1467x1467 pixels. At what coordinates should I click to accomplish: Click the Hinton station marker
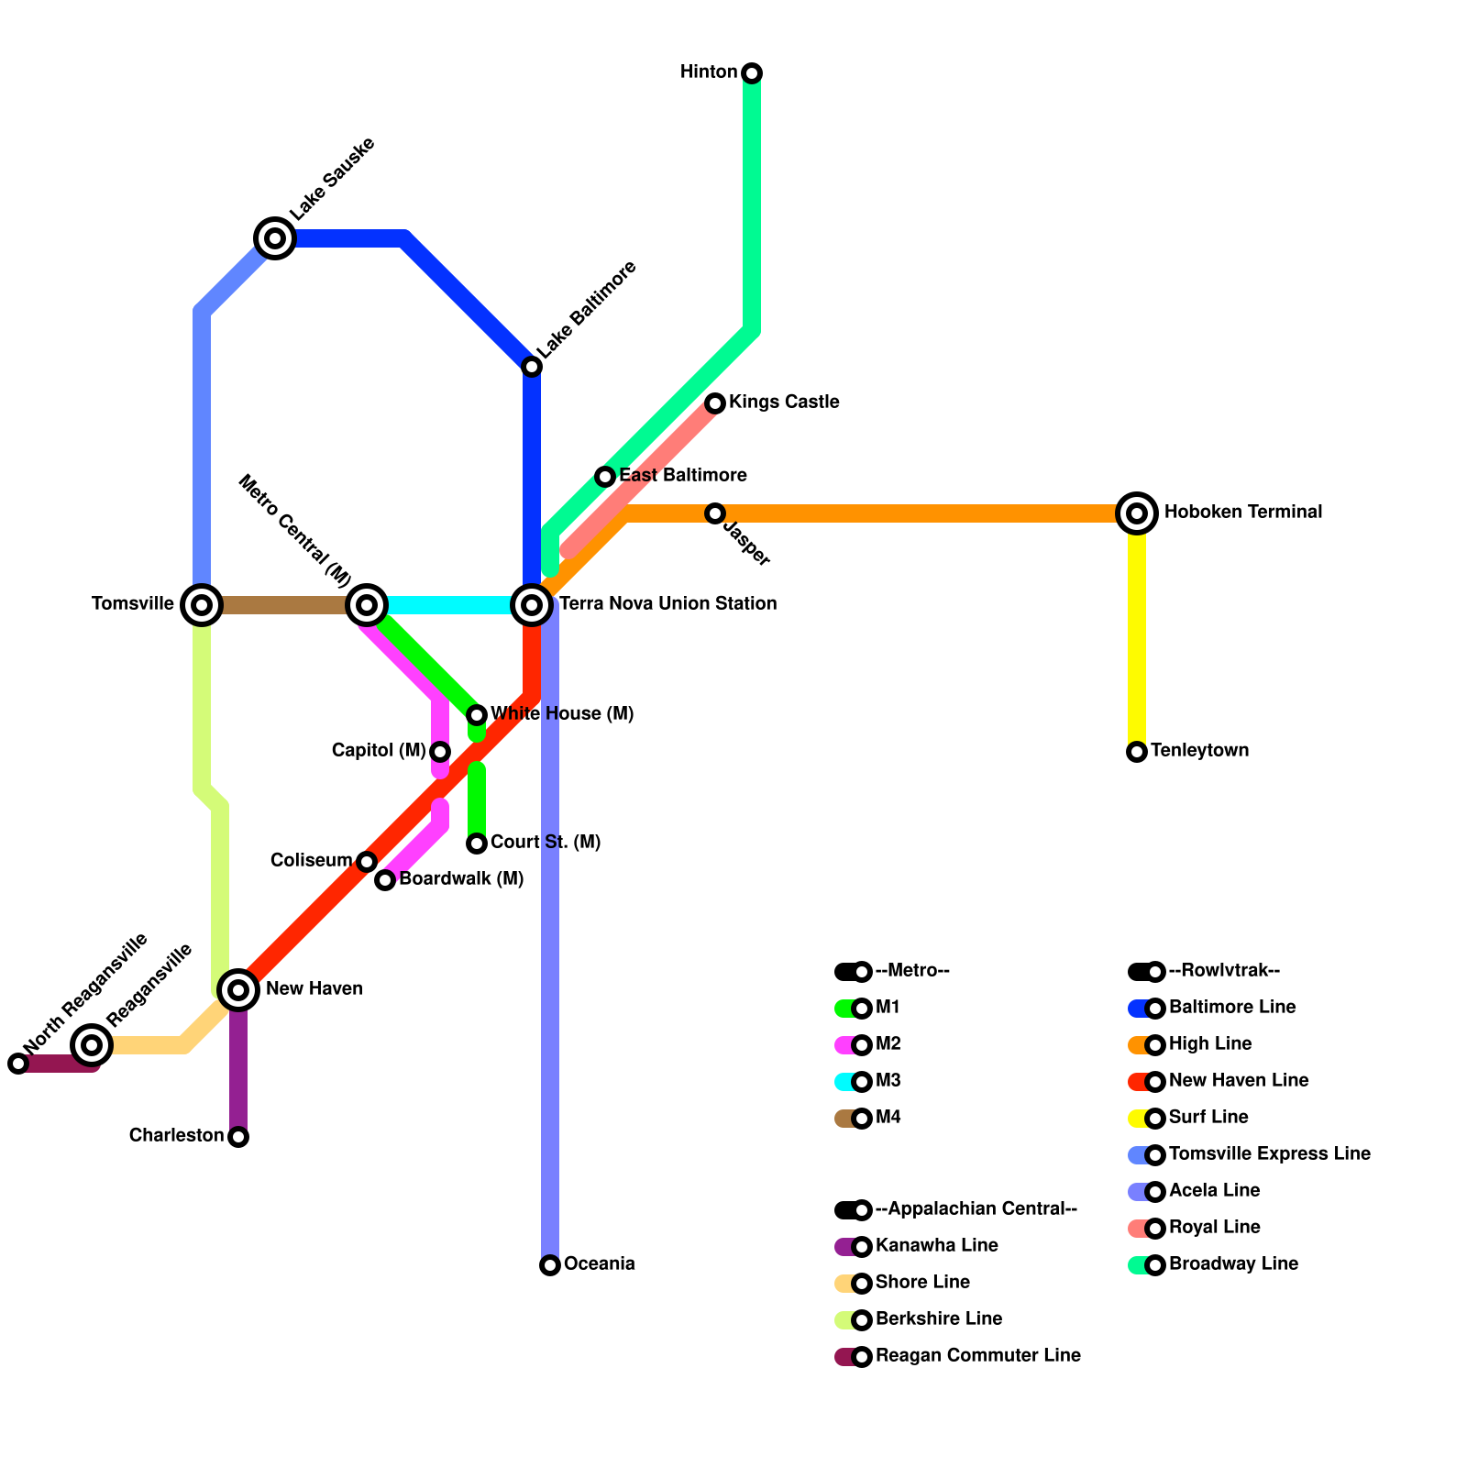coord(752,73)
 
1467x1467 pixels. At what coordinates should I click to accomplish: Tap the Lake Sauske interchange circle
coord(274,238)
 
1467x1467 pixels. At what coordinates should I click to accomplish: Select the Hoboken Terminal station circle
coord(1137,513)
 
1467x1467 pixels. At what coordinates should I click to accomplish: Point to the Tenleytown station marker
coord(1137,752)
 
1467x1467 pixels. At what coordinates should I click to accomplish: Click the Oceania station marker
coord(550,1265)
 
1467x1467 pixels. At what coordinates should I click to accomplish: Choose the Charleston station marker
coord(238,1137)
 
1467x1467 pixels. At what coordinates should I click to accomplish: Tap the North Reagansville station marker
coord(18,1064)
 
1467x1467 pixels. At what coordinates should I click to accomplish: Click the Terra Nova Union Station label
coord(667,604)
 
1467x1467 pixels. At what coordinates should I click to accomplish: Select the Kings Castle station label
coord(784,403)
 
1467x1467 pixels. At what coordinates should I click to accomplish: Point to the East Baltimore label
coord(682,476)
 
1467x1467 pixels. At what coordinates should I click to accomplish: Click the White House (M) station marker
coord(477,715)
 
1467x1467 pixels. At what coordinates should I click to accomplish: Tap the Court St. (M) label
coord(546,843)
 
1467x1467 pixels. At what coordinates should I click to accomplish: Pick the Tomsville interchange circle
coord(202,605)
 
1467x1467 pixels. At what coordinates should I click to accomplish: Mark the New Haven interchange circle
coord(238,990)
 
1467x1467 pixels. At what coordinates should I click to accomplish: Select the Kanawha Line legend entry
coord(936,1246)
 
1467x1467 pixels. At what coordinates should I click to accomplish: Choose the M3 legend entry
coord(888,1081)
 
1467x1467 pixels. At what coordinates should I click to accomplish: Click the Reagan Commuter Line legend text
coord(977,1356)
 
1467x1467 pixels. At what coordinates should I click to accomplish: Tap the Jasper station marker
coord(715,513)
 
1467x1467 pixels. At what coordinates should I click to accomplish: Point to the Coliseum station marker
coord(367,862)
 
